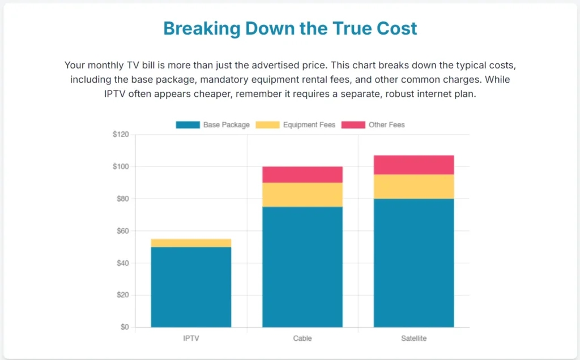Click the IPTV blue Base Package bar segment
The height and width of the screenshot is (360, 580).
click(x=191, y=287)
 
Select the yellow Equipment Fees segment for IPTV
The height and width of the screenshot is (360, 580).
click(x=191, y=243)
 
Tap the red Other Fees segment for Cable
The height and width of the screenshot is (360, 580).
click(x=302, y=174)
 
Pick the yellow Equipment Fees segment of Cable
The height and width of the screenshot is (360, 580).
click(x=302, y=195)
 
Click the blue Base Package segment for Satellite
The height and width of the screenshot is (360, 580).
click(x=413, y=263)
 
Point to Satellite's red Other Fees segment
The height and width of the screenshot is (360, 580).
click(x=413, y=165)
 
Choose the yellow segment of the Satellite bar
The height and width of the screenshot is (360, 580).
click(x=413, y=186)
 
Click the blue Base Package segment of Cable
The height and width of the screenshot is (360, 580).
click(x=302, y=267)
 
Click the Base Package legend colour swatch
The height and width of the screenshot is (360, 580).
click(x=187, y=125)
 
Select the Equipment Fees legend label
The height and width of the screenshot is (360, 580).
click(x=309, y=125)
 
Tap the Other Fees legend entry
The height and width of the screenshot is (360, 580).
click(x=386, y=125)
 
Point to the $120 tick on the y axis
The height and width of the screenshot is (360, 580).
click(x=121, y=135)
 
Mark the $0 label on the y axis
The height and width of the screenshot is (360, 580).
click(x=125, y=327)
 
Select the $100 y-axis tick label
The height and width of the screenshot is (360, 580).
click(x=121, y=167)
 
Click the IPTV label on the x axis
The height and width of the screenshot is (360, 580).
click(x=191, y=338)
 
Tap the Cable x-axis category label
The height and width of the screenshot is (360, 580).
click(x=302, y=338)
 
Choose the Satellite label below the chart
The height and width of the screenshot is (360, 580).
click(x=413, y=338)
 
